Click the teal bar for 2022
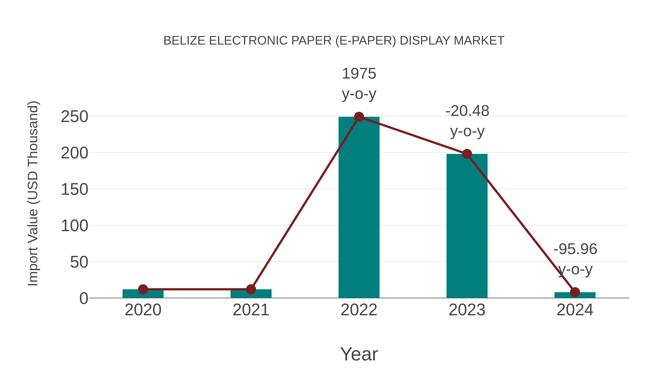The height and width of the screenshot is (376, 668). [x=359, y=208]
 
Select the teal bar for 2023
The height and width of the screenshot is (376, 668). [x=467, y=226]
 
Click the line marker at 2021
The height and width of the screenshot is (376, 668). [x=251, y=289]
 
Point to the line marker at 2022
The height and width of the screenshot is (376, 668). [x=359, y=117]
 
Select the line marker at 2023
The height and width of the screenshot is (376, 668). [x=467, y=154]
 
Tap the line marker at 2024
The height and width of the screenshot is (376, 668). [x=575, y=292]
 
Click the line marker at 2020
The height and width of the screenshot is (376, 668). [x=143, y=289]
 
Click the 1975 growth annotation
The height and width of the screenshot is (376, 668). [x=359, y=74]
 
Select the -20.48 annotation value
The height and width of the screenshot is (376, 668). [x=467, y=111]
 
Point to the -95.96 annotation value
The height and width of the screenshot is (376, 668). [x=575, y=249]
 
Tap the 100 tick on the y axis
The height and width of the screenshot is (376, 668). [x=74, y=226]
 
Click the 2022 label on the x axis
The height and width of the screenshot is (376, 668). [x=359, y=310]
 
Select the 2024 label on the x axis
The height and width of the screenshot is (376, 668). [x=575, y=310]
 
